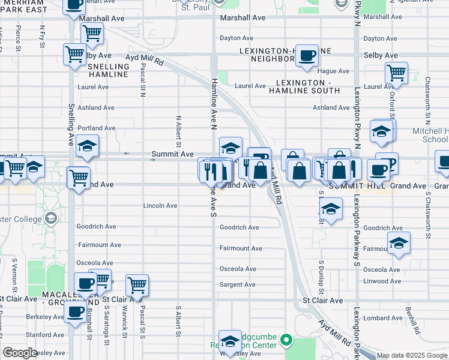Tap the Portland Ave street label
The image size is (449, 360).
[96, 128]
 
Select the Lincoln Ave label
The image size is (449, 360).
[160, 206]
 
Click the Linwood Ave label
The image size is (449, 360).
[382, 281]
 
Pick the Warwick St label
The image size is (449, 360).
[125, 324]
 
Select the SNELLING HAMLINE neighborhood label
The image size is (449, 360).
[109, 70]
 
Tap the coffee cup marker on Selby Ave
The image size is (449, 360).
[307, 55]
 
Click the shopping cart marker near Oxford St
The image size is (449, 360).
[396, 73]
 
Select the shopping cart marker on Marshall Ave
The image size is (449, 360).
[92, 33]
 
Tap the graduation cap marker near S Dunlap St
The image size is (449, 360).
[330, 209]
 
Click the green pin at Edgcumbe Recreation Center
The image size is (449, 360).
[287, 340]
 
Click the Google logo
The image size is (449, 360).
[20, 353]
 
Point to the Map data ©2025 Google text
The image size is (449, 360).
[411, 356]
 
